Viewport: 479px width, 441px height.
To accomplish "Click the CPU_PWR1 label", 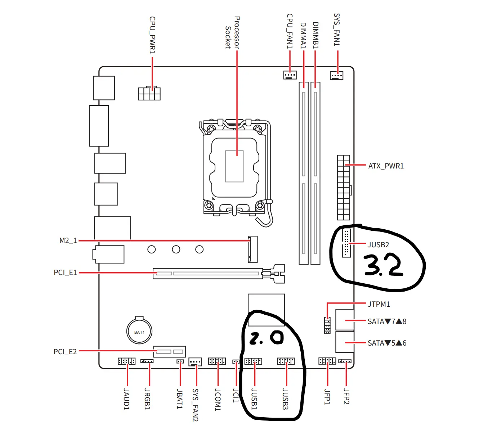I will click(152, 35).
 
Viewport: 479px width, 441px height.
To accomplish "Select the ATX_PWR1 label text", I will click(386, 166).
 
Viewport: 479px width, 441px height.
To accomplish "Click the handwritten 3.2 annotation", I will click(383, 265).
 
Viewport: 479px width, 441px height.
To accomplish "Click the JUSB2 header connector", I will click(346, 243).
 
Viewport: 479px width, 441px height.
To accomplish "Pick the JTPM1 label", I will click(379, 304).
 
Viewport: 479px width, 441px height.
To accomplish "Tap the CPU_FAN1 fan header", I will click(290, 75).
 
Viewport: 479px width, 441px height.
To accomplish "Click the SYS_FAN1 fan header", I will click(336, 76).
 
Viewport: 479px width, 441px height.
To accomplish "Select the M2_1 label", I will click(68, 240).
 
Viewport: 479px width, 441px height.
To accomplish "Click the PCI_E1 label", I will click(65, 273).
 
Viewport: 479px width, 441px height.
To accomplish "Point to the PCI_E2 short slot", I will click(170, 351).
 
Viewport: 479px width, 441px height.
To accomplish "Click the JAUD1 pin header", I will click(126, 361).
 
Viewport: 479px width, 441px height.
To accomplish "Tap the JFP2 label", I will click(346, 396).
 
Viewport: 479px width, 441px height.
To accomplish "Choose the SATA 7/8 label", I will click(387, 321).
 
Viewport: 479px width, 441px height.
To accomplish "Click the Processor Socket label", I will click(232, 32).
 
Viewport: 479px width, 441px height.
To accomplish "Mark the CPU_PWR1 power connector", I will click(149, 93).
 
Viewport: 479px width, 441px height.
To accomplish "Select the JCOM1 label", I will click(218, 399).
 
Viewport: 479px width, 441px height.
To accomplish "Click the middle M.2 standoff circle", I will click(176, 249).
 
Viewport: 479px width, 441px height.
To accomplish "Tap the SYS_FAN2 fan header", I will click(195, 361).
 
